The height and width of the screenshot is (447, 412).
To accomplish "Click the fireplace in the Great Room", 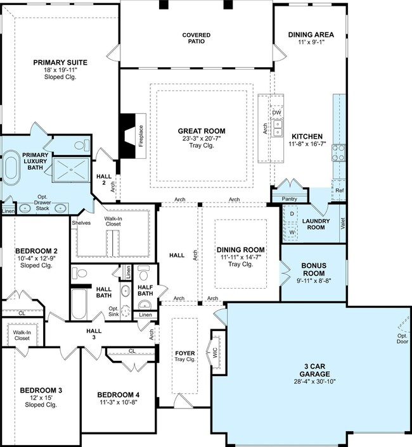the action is tap(132, 135).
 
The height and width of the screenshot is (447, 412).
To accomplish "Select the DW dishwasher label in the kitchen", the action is tap(276, 112).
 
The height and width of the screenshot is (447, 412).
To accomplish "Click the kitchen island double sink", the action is tap(278, 128).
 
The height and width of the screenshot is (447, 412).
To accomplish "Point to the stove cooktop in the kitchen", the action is tap(338, 153).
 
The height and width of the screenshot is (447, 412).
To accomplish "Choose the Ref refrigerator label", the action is tap(340, 191).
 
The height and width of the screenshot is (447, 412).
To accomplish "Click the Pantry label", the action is tap(289, 199).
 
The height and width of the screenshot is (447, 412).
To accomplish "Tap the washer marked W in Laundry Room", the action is tap(292, 232).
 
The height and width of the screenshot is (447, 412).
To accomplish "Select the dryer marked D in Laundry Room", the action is tap(292, 213).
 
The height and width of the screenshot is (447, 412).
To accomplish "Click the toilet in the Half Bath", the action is tap(143, 272).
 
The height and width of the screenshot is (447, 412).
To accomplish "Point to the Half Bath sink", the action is tap(145, 305).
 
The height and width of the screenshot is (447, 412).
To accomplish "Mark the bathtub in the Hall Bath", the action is tap(79, 304).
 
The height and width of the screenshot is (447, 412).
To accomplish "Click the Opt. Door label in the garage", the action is tap(402, 339).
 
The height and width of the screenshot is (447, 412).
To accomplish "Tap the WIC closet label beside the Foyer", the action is tap(215, 353).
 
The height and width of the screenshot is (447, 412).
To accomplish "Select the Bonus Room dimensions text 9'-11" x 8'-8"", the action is tap(314, 280).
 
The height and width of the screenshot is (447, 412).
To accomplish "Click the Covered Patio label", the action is tap(196, 38).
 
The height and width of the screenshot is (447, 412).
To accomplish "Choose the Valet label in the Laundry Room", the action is tap(343, 223).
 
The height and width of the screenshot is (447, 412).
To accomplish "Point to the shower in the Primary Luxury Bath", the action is tap(71, 169).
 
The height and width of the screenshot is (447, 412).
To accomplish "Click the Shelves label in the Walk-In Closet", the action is tap(81, 223).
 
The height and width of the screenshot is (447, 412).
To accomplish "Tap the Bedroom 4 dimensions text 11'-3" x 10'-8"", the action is tap(119, 403).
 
